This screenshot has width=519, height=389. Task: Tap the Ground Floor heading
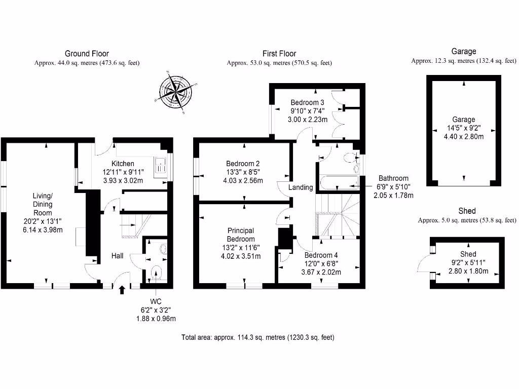pos(87,53)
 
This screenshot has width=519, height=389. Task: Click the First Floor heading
pos(279,53)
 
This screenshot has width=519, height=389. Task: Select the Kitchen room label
pos(123,164)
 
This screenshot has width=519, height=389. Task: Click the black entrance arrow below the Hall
pos(122,290)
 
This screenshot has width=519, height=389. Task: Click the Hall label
pos(118,256)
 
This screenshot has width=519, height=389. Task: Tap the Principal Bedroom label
pos(241,235)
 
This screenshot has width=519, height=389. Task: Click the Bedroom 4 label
pos(321,255)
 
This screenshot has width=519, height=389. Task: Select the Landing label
pos(301,187)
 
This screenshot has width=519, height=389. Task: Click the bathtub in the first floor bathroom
pos(339,182)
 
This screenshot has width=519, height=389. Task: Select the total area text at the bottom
pos(258,337)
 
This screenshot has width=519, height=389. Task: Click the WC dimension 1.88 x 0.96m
pos(156,319)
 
